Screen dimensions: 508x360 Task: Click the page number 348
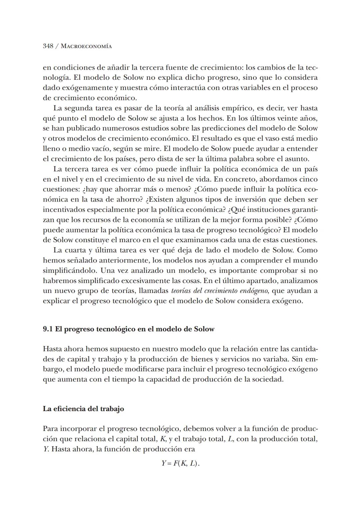(48, 46)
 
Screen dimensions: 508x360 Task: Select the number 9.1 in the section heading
(48, 329)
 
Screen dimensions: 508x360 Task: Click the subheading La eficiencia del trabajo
(83, 409)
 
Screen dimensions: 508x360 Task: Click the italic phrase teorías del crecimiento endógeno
(220, 291)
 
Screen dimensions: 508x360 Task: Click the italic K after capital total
(163, 439)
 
